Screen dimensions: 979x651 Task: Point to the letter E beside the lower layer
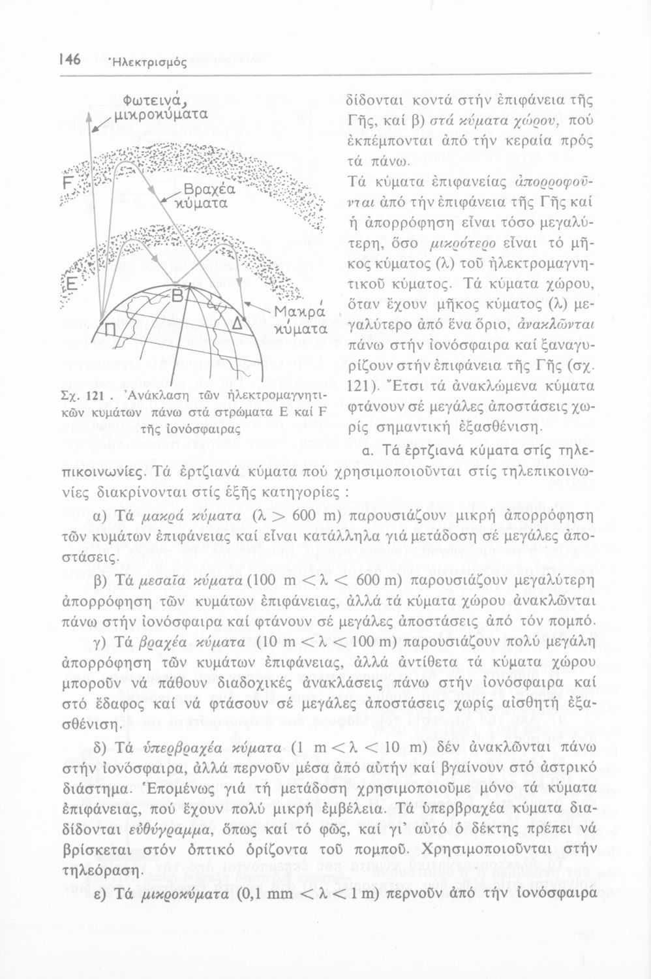click(67, 285)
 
